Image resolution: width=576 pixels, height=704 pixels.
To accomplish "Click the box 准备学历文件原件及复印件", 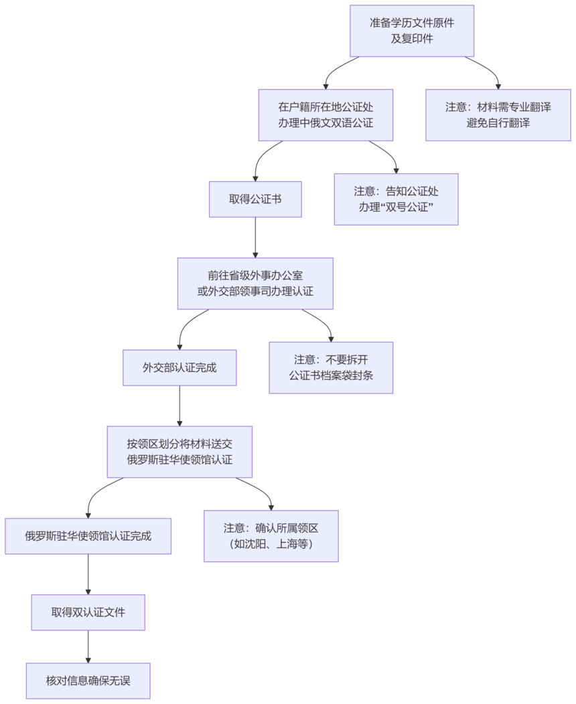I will tap(412, 31).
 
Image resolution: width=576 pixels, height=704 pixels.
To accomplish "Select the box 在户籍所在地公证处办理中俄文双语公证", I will tap(326, 115).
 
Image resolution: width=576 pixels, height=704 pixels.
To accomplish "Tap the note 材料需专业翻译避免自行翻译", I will tap(498, 115).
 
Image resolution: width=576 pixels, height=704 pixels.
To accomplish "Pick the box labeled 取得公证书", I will tap(255, 199).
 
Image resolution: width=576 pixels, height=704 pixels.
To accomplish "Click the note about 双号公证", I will tap(396, 199).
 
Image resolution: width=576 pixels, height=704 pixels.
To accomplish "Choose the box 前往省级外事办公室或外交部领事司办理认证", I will tap(255, 283).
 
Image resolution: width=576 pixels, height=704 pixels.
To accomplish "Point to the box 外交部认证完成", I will tap(179, 367).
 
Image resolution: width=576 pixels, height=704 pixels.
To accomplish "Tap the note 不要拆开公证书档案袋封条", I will tap(331, 367).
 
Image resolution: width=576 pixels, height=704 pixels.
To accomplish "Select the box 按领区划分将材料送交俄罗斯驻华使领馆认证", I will tap(179, 452).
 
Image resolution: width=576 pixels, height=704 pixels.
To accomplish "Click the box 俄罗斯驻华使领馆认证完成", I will tap(88, 536).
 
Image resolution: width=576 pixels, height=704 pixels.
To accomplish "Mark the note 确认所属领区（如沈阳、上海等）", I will tap(271, 536).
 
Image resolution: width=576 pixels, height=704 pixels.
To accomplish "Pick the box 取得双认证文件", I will tap(88, 612).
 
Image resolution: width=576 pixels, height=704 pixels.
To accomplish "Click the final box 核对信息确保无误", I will tap(88, 681).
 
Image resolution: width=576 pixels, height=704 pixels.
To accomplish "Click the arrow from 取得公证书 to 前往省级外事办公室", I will tap(255, 238).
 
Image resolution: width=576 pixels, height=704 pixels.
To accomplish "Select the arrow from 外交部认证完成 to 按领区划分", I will tap(179, 406).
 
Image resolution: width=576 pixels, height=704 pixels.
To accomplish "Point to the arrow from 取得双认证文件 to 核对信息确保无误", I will tap(88, 646).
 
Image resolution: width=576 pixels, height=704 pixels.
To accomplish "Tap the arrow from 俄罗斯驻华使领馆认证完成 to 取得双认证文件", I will tap(88, 574).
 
